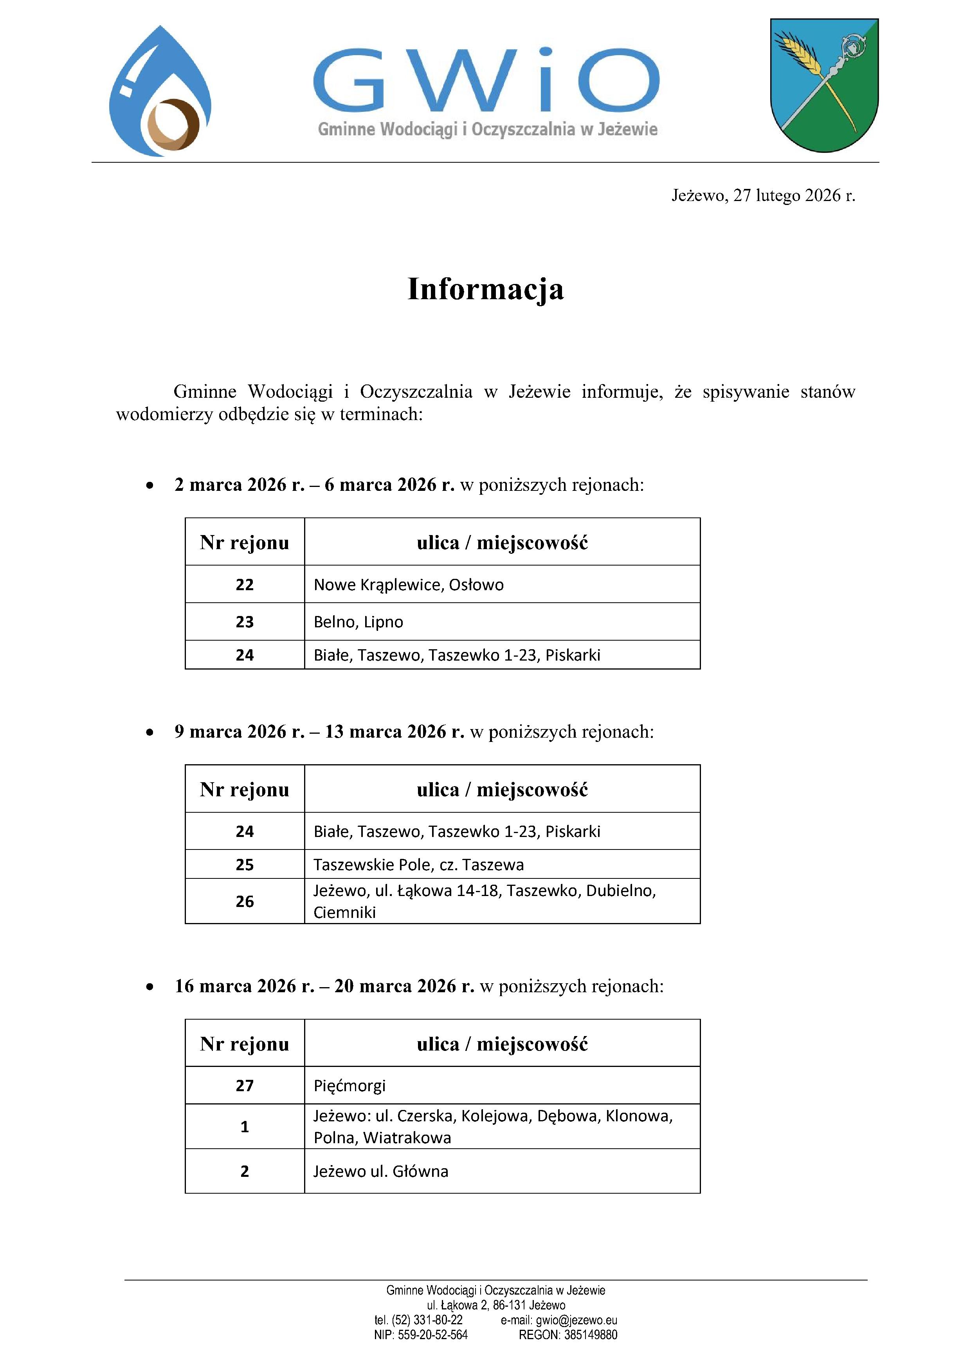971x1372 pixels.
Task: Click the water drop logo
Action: pyautogui.click(x=160, y=92)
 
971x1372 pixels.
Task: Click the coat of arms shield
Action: pyautogui.click(x=824, y=85)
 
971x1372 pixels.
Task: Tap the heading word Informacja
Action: pyautogui.click(x=485, y=289)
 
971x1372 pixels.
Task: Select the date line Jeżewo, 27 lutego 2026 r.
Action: pyautogui.click(x=763, y=196)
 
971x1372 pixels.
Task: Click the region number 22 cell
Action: pyautogui.click(x=245, y=584)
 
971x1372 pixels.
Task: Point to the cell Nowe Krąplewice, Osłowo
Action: pyautogui.click(x=408, y=584)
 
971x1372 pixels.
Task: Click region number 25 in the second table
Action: pyautogui.click(x=245, y=865)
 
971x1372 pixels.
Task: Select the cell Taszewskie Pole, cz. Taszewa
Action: pyautogui.click(x=418, y=865)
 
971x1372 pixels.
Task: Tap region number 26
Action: pyautogui.click(x=245, y=901)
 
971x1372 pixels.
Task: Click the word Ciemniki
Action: pyautogui.click(x=344, y=912)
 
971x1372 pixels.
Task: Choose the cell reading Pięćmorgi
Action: pyautogui.click(x=350, y=1085)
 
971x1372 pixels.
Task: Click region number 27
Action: pyautogui.click(x=245, y=1085)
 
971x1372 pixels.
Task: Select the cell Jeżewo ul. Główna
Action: pyautogui.click(x=381, y=1171)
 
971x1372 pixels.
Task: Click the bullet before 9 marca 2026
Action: pyautogui.click(x=150, y=732)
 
